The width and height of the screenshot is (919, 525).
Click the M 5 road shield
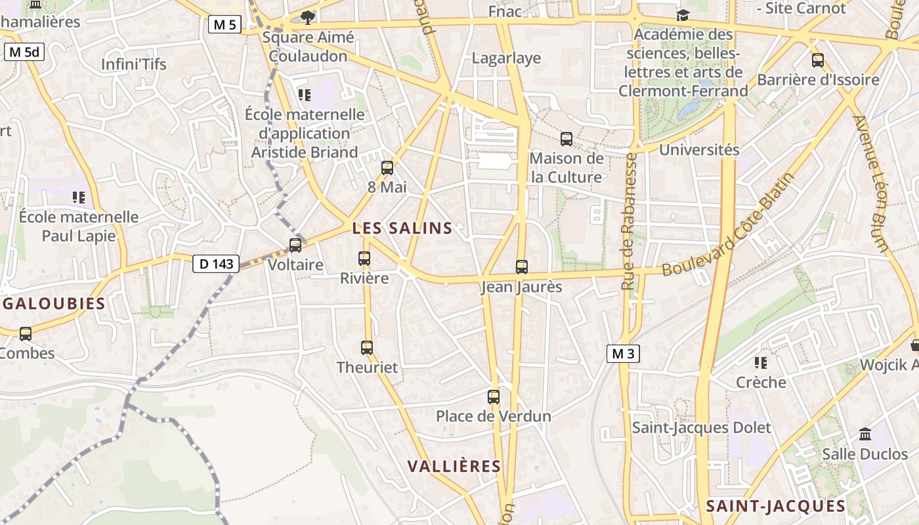225,25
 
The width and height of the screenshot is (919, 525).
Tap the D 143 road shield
216,264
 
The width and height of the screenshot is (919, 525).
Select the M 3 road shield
622,354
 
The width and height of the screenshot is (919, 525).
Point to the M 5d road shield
24,52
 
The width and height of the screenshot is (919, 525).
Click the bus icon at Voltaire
295,245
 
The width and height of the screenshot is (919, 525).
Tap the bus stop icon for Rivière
364,259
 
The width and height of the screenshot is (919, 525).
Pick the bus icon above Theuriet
367,348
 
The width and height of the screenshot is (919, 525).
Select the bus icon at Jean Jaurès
522,267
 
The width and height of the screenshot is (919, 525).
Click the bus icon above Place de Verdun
494,397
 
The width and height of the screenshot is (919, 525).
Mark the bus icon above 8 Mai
387,168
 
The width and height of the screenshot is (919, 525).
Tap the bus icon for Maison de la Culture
566,139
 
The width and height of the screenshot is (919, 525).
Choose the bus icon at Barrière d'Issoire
818,60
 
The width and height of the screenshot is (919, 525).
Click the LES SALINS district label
402,228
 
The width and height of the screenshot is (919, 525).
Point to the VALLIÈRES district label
454,467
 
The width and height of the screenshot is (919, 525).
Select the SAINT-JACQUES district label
776,506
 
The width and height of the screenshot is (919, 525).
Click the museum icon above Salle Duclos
865,434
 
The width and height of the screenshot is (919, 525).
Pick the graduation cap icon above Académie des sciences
683,15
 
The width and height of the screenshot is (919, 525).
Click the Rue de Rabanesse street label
630,222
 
